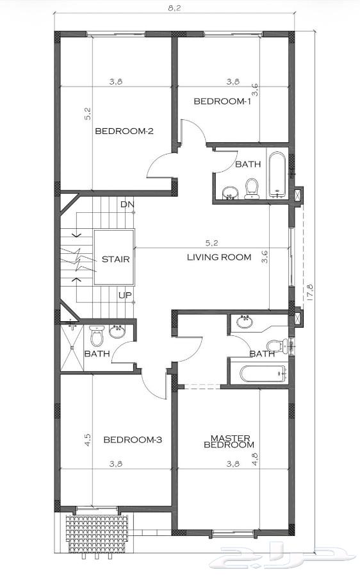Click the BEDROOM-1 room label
pos(222,101)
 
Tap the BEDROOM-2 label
pos(124,131)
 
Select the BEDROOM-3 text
pos(133,439)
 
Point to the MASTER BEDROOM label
pos(229,441)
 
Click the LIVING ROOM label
pos(219,257)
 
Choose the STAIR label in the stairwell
pos(115,259)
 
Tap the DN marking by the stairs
pos(127,205)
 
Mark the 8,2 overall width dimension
pos(175,8)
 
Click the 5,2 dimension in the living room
pos(211,243)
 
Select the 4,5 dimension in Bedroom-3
pos(88,440)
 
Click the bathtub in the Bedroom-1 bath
pos(277,174)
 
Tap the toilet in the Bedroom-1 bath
pos(252,188)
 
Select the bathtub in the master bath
pos(263,374)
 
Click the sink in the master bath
pos(245,322)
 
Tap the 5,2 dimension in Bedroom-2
pos(88,113)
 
